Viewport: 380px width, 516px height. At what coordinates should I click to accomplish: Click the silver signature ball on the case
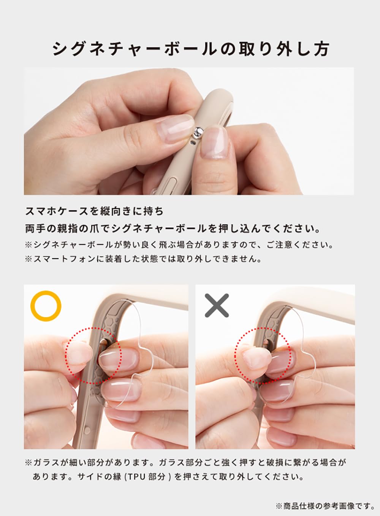pyautogui.click(x=198, y=133)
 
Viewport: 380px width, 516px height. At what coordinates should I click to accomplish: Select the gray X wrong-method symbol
pyautogui.click(x=217, y=305)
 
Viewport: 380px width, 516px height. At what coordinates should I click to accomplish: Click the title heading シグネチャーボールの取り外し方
pyautogui.click(x=191, y=49)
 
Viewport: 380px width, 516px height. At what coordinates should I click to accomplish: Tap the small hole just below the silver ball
pyautogui.click(x=193, y=143)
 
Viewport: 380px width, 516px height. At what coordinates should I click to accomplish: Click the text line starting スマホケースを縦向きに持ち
pyautogui.click(x=94, y=211)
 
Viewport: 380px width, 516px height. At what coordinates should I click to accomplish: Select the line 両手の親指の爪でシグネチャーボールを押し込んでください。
pyautogui.click(x=173, y=229)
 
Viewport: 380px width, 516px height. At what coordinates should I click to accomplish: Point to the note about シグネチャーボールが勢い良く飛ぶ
pyautogui.click(x=179, y=245)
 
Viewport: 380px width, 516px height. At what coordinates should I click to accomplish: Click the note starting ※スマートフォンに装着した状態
pyautogui.click(x=143, y=259)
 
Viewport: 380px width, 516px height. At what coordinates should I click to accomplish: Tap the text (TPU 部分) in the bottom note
pyautogui.click(x=147, y=476)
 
